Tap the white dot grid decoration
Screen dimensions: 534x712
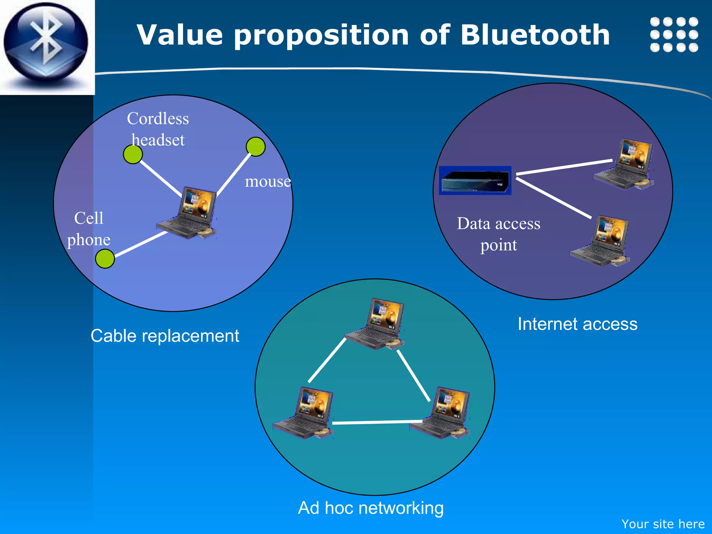[674, 34]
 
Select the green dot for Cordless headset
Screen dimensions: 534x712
[133, 154]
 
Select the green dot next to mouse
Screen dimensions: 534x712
[256, 147]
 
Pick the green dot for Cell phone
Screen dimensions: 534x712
[105, 259]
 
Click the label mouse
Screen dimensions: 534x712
[268, 181]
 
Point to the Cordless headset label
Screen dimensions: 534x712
[158, 129]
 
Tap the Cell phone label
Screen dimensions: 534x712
[89, 229]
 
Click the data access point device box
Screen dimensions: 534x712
[475, 180]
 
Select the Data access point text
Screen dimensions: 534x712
[499, 234]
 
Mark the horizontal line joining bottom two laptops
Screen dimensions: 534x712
[377, 422]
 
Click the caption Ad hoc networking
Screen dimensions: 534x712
[371, 508]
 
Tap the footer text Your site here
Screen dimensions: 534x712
[663, 524]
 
